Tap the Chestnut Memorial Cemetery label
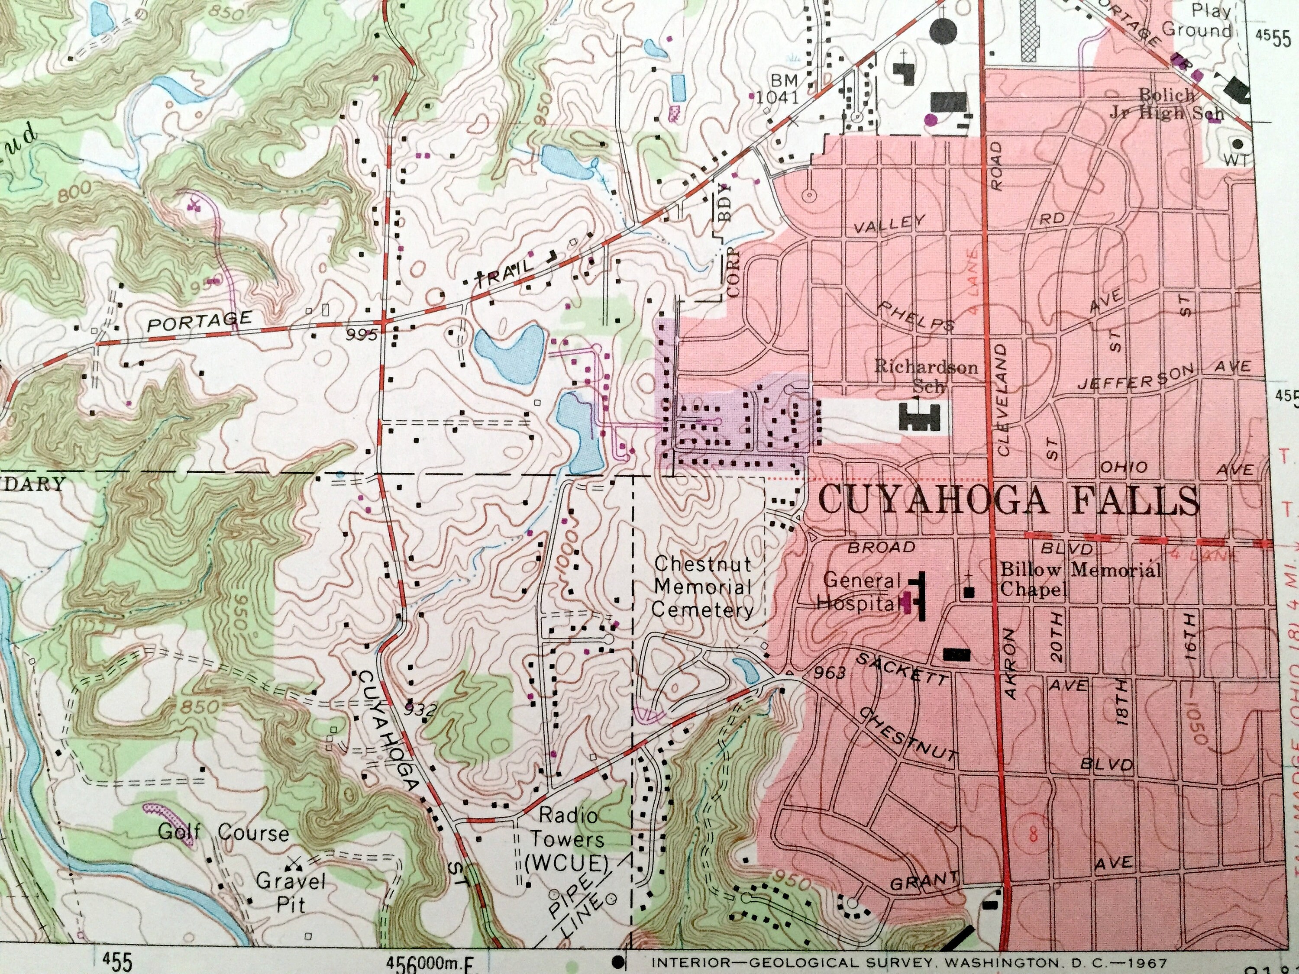[702, 587]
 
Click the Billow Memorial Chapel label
[1079, 578]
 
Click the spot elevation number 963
[830, 672]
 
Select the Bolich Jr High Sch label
[1166, 103]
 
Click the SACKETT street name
[902, 668]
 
